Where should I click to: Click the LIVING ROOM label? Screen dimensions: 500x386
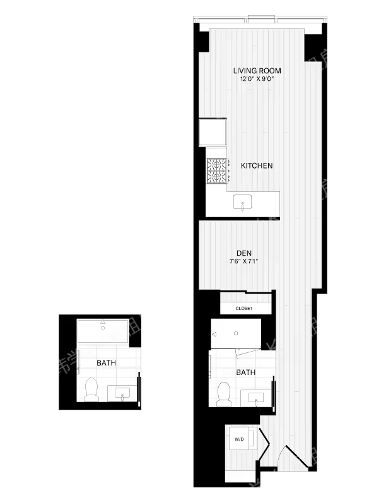pos(257,71)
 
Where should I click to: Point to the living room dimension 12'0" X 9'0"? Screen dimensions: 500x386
pos(257,80)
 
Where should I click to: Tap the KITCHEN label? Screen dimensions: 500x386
pos(257,166)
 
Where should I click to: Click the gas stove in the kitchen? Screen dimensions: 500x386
pos(216,169)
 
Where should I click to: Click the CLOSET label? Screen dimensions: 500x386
pos(243,308)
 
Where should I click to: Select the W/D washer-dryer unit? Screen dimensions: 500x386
pos(240,439)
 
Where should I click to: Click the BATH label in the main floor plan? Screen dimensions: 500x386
pos(245,372)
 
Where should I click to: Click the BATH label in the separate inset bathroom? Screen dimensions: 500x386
pos(106,363)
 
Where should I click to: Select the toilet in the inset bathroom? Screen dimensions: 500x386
pos(91,389)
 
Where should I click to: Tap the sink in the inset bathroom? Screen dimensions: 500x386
pos(121,393)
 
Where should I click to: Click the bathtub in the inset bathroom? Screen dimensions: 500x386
pos(103,330)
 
